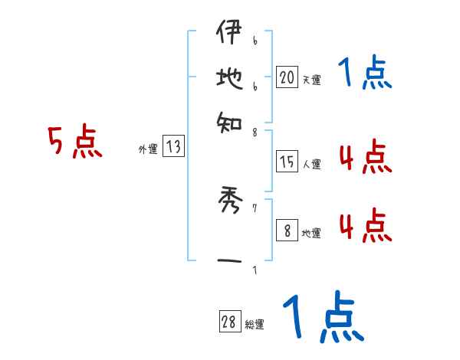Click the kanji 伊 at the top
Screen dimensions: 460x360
228,34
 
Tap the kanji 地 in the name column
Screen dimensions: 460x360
228,77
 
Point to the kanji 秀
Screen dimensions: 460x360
228,203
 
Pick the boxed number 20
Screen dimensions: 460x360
287,77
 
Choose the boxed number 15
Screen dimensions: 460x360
287,162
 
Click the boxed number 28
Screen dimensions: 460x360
228,322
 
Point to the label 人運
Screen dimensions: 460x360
311,164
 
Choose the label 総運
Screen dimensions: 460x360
254,325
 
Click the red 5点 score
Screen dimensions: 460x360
76,143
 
